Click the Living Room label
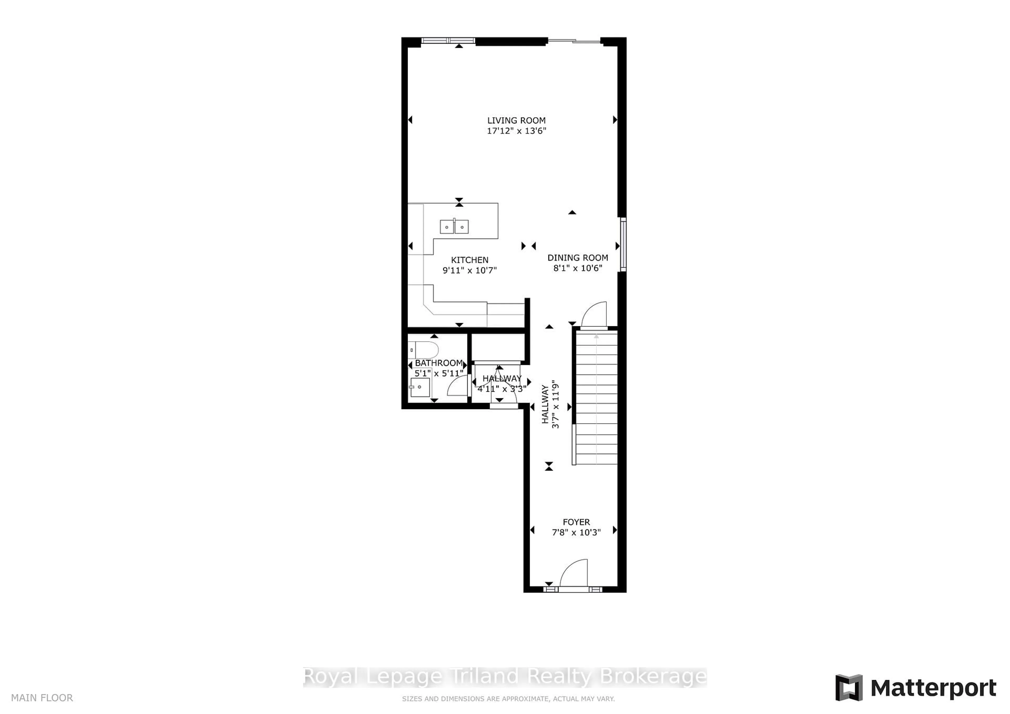[x=516, y=120]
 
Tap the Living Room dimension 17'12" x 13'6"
[x=516, y=131]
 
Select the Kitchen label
[x=469, y=260]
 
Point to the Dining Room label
[x=578, y=258]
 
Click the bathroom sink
[x=420, y=387]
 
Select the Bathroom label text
[x=438, y=363]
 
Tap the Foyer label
[x=576, y=522]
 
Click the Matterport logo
[x=915, y=688]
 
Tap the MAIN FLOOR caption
[x=42, y=698]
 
